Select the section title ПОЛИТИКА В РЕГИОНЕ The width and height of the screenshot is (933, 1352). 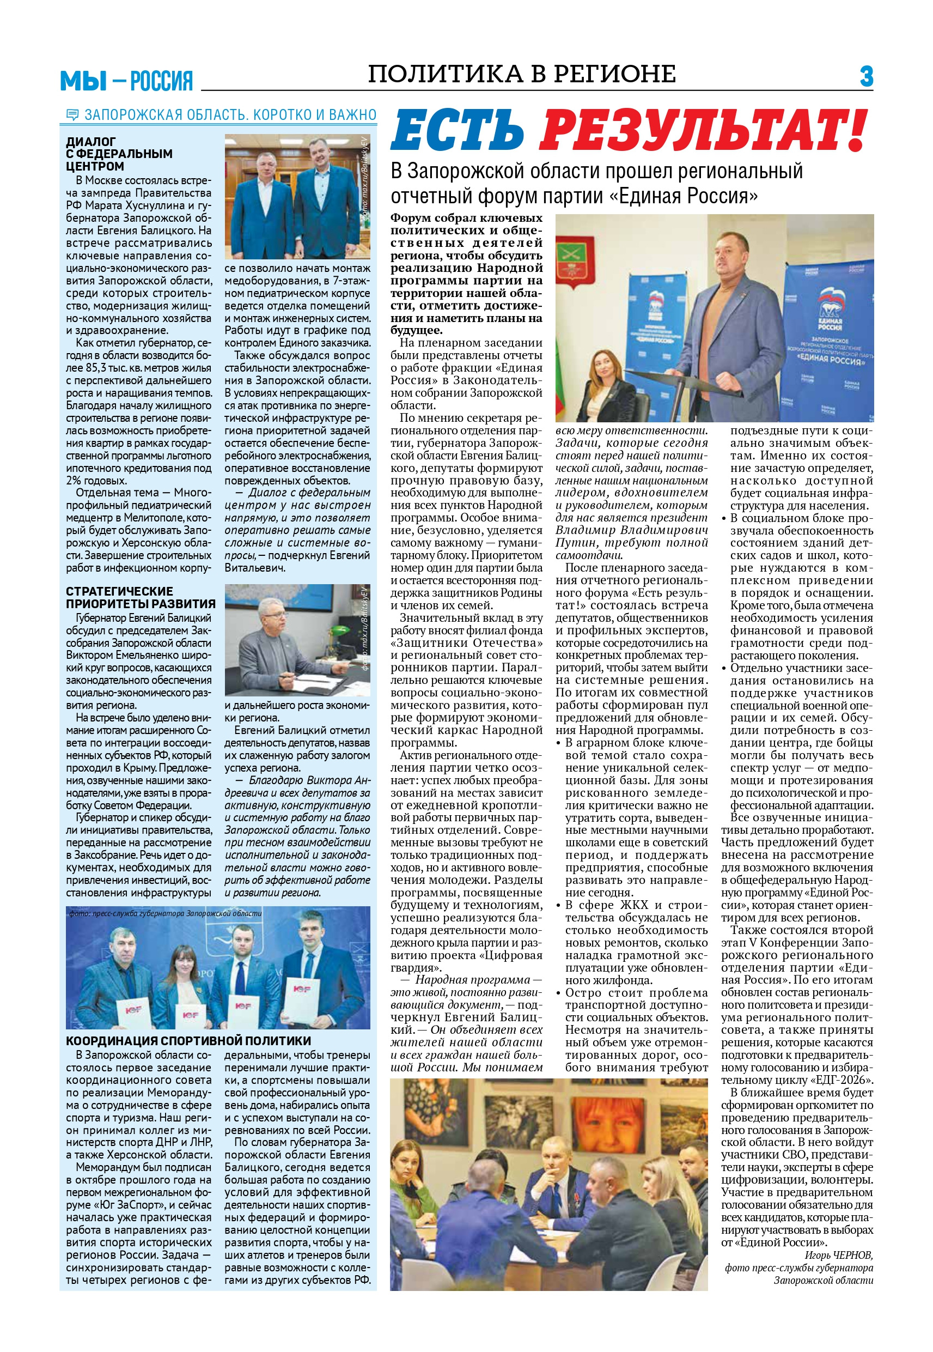click(x=521, y=74)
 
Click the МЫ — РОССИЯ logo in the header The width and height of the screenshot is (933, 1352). click(x=126, y=81)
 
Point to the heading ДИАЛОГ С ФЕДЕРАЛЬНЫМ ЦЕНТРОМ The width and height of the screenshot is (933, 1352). click(x=119, y=154)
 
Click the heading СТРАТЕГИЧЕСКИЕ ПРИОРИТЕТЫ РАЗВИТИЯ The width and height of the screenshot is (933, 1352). click(x=141, y=597)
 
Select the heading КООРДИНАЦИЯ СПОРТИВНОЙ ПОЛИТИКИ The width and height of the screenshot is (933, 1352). click(x=188, y=1040)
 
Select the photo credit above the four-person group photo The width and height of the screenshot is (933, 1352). click(x=166, y=913)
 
